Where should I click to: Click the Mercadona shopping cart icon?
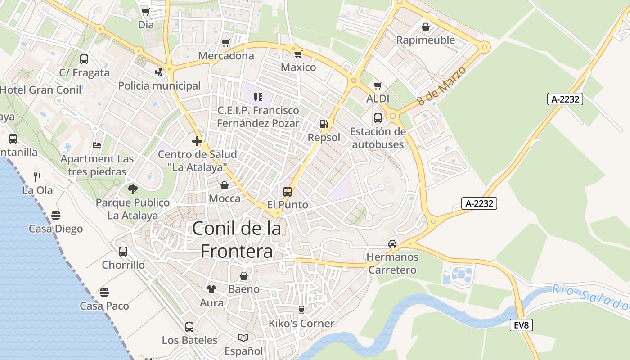click(x=226, y=43)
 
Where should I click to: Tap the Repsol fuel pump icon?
click(x=324, y=124)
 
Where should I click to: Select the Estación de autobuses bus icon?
click(x=378, y=118)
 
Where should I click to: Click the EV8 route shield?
click(x=521, y=325)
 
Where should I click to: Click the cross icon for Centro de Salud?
click(x=197, y=141)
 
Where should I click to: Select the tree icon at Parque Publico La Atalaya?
click(x=132, y=189)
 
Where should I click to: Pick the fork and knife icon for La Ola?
click(x=37, y=177)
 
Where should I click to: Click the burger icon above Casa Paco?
click(x=104, y=292)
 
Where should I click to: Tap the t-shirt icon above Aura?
click(x=211, y=289)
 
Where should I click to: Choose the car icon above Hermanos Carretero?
click(x=392, y=244)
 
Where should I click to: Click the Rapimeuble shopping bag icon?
click(x=425, y=27)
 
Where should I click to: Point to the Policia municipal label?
click(x=159, y=85)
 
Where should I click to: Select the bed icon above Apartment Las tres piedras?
click(x=97, y=145)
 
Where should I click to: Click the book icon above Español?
click(x=243, y=337)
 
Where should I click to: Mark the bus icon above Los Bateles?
click(x=189, y=327)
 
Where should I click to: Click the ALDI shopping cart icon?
click(x=378, y=85)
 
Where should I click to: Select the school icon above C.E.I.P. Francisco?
click(x=258, y=97)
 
